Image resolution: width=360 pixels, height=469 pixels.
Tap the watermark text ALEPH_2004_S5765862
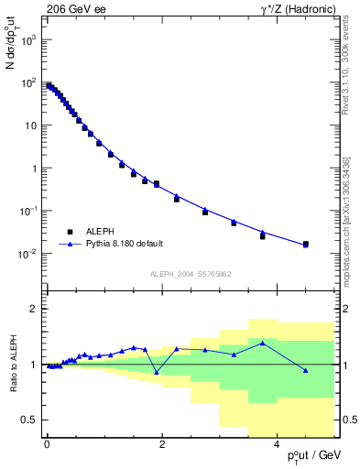point(190,274)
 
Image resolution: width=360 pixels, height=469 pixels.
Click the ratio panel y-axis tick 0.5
point(29,420)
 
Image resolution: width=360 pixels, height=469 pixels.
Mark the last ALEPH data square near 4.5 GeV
point(305,245)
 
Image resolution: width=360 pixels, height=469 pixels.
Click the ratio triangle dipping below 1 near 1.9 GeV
point(157,372)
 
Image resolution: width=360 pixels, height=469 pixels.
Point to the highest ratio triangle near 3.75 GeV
point(262,344)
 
